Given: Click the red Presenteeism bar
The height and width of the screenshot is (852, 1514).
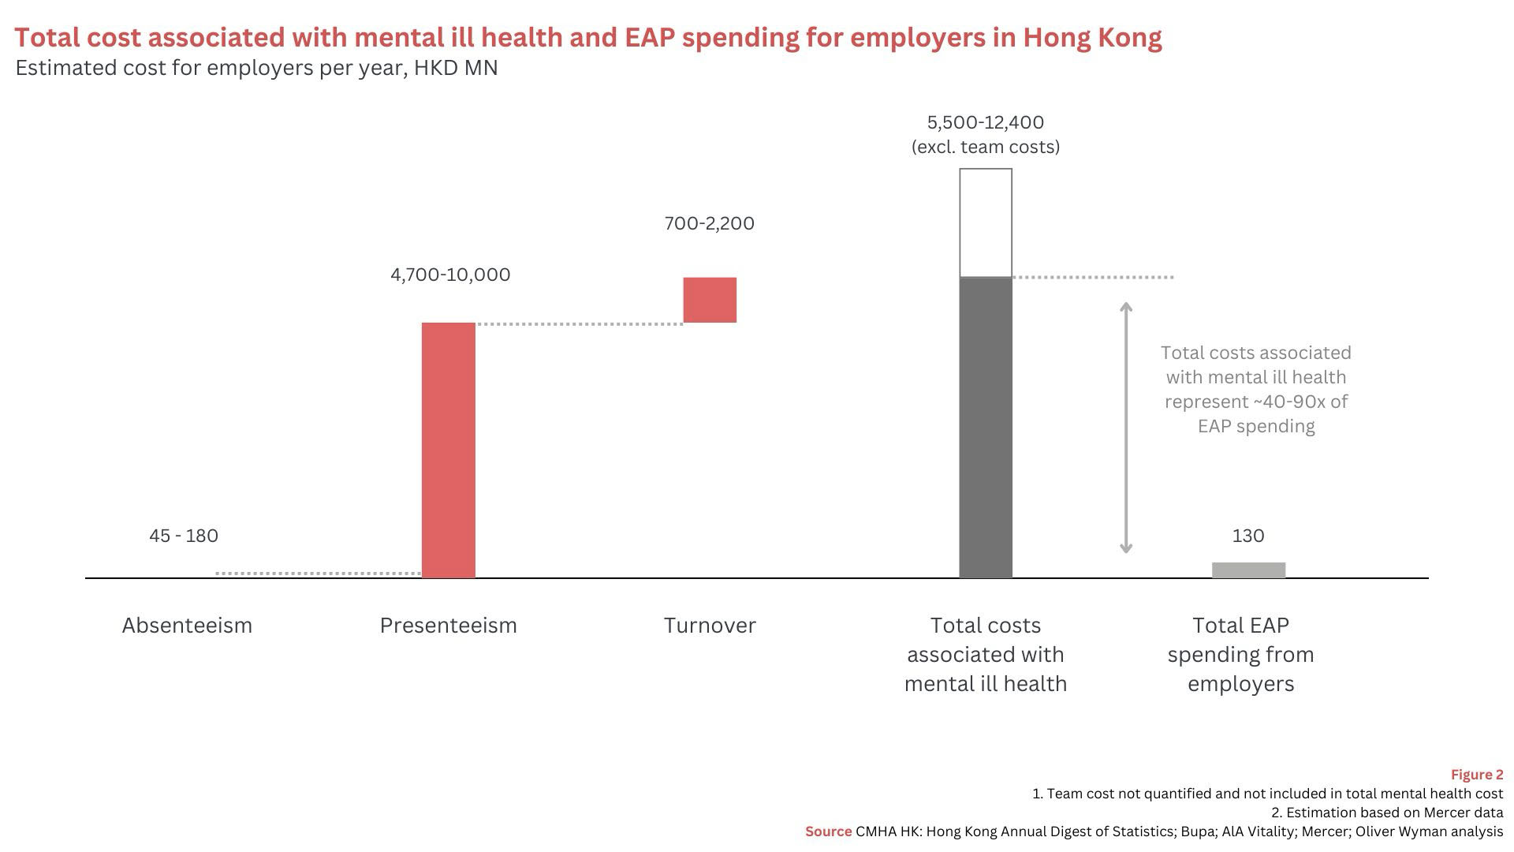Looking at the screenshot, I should (448, 450).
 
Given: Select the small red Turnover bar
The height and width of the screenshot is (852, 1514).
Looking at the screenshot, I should (710, 300).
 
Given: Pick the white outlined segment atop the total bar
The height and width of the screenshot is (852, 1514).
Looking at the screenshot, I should (986, 222).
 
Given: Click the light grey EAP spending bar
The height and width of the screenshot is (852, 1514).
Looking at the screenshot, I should (1248, 570).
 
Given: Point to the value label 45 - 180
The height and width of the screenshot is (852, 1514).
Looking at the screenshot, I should (184, 536).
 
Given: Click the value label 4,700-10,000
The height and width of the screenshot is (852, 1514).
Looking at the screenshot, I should (450, 275).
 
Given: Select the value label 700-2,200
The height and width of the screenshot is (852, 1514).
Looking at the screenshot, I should (709, 223).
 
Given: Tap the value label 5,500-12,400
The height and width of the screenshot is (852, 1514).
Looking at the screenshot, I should (986, 122).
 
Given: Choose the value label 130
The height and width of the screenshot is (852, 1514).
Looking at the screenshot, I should (1248, 536).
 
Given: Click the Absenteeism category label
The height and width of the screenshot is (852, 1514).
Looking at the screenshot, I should (187, 626).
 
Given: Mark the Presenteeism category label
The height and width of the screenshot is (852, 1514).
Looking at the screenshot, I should (448, 626).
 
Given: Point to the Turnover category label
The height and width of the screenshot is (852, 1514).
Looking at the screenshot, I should (710, 626).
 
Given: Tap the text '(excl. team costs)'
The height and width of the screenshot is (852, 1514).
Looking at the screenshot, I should (986, 148).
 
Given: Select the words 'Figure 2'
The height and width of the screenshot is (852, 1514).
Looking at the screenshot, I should (1477, 775).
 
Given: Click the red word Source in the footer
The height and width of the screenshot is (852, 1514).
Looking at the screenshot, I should (828, 831).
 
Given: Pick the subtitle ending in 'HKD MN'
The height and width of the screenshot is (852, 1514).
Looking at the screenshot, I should (256, 68).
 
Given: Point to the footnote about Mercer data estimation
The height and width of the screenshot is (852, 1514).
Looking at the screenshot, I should (1387, 813).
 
